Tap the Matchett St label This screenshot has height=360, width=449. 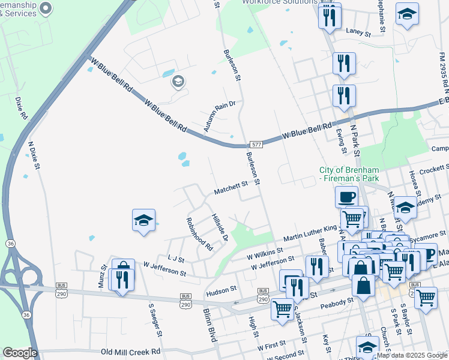pyautogui.click(x=232, y=188)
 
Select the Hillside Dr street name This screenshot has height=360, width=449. pyautogui.click(x=220, y=228)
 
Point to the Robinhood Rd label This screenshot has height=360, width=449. pyautogui.click(x=200, y=234)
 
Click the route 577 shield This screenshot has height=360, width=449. pyautogui.click(x=256, y=145)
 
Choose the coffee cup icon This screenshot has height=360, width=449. pyautogui.click(x=346, y=196)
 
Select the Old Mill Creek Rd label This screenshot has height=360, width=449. pyautogui.click(x=131, y=352)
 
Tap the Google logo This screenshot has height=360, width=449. pyautogui.click(x=19, y=353)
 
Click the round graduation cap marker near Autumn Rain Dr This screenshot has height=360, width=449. pyautogui.click(x=178, y=82)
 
